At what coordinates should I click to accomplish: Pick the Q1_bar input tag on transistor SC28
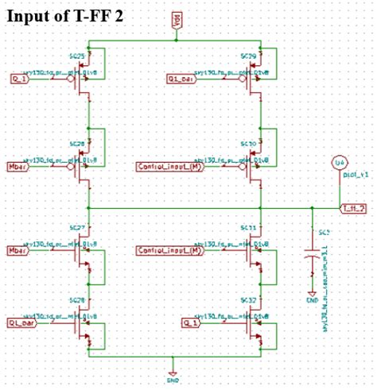tap(22, 323)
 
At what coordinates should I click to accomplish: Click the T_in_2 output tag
tap(352, 208)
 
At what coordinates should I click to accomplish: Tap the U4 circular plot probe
tap(339, 162)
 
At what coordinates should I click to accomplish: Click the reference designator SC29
tap(247, 58)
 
